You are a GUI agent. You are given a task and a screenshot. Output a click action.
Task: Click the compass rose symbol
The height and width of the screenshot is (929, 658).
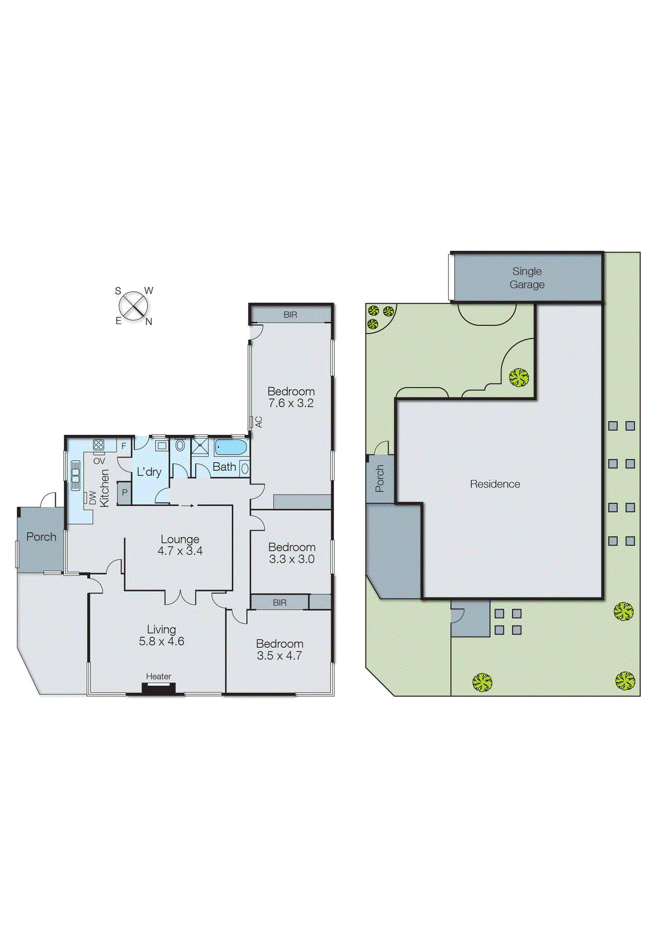tap(134, 306)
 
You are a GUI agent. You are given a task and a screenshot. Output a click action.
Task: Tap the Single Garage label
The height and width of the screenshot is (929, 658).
tap(527, 278)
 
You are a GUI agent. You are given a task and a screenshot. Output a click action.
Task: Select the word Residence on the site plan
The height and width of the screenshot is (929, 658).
tap(495, 484)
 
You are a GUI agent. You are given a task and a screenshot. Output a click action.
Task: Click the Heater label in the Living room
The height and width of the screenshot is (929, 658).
tap(159, 676)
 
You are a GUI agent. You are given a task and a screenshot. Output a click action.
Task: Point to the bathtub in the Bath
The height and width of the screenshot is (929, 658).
tap(231, 448)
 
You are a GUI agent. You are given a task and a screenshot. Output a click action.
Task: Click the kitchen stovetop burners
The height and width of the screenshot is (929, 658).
tap(98, 445)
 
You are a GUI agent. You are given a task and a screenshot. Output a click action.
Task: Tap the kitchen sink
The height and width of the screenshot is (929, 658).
tap(75, 475)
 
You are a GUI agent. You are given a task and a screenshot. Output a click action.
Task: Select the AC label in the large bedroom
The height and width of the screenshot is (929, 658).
tap(259, 422)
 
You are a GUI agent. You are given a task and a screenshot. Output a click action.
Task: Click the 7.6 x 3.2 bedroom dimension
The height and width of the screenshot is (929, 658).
tap(291, 403)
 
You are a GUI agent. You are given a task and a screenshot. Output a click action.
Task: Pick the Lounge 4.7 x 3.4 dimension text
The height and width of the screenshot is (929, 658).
tap(180, 551)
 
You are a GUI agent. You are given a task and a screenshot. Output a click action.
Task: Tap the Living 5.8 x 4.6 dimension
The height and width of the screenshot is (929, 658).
tap(161, 642)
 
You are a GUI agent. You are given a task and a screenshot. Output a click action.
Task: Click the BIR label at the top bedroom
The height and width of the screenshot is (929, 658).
tap(290, 315)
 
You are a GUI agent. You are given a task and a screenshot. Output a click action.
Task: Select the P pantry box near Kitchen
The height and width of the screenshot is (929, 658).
tap(124, 493)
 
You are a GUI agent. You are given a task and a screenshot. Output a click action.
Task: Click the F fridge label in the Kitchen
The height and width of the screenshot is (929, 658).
tap(124, 447)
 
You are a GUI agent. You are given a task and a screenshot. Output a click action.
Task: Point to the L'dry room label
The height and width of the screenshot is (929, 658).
tap(149, 472)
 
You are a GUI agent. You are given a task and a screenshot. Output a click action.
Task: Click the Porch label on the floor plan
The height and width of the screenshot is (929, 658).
tap(41, 536)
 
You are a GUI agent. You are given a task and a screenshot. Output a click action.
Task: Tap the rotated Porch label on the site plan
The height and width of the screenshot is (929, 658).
tap(380, 478)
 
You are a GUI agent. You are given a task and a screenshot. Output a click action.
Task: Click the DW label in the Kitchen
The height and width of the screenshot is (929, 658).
tap(92, 498)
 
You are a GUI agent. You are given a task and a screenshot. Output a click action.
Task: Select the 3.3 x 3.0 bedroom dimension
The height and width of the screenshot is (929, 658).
tap(292, 559)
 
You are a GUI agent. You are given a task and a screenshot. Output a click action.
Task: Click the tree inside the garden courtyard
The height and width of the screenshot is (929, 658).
tap(519, 377)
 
